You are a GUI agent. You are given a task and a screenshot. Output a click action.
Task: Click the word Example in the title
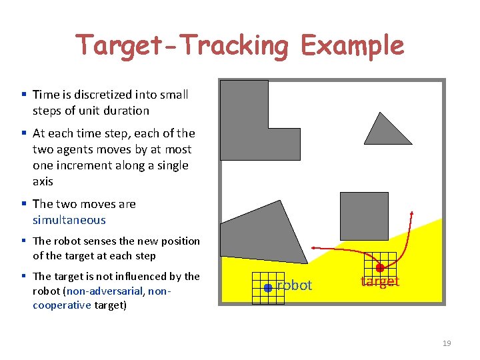pyautogui.click(x=352, y=45)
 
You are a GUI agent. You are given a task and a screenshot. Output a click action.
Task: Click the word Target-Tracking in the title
pyautogui.click(x=182, y=45)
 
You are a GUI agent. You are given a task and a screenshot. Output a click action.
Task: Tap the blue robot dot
pyautogui.click(x=267, y=288)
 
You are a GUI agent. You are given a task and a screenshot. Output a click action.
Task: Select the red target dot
pyautogui.click(x=380, y=268)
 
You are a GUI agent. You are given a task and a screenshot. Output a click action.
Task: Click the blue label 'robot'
pyautogui.click(x=294, y=285)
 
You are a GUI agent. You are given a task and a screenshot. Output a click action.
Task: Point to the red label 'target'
pyautogui.click(x=380, y=281)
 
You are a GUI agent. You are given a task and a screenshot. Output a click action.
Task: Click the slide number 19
pyautogui.click(x=447, y=343)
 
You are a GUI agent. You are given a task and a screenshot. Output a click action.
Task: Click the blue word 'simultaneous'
pyautogui.click(x=69, y=220)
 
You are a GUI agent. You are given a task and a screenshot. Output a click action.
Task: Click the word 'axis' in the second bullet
pyautogui.click(x=42, y=181)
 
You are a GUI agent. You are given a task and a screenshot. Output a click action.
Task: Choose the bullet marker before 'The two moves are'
pyautogui.click(x=24, y=204)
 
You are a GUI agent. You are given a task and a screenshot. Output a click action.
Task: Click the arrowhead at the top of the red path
pyautogui.click(x=411, y=215)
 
